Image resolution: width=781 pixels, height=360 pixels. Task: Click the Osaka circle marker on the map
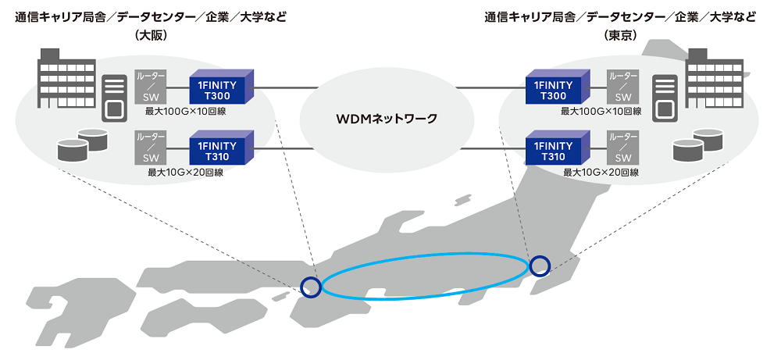coord(311,287)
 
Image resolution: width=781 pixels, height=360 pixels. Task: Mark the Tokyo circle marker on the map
coord(540,266)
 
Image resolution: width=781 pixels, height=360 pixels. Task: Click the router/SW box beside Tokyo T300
coord(622,87)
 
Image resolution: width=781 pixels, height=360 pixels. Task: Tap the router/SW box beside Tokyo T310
coord(622,148)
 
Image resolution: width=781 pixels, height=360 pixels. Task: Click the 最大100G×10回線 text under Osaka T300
coord(186,111)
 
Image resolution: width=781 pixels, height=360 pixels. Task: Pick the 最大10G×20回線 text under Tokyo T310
coord(601,173)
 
